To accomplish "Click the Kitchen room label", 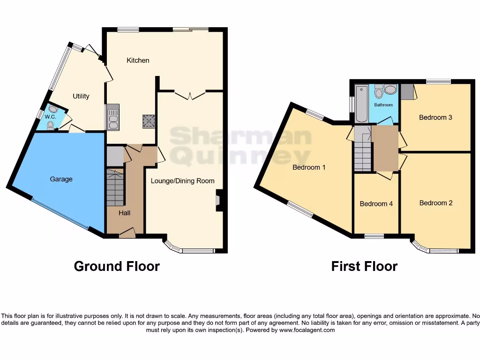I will pyautogui.click(x=138, y=60).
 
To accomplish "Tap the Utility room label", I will pyautogui.click(x=81, y=96).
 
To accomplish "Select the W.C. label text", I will pyautogui.click(x=50, y=117).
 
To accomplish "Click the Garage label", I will pyautogui.click(x=61, y=179).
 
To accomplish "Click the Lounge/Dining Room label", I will pyautogui.click(x=182, y=180).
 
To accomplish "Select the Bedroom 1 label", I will pyautogui.click(x=309, y=167).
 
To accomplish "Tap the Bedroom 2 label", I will pyautogui.click(x=436, y=203).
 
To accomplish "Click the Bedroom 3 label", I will pyautogui.click(x=435, y=117).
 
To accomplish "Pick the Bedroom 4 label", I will pyautogui.click(x=376, y=204).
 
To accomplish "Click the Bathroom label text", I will pyautogui.click(x=383, y=105).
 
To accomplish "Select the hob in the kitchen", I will pyautogui.click(x=150, y=121).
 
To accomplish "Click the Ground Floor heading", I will pyautogui.click(x=117, y=266).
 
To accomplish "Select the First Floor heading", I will pyautogui.click(x=364, y=266).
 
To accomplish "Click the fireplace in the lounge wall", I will pyautogui.click(x=217, y=200).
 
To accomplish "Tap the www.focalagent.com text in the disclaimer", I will pyautogui.click(x=307, y=330).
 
